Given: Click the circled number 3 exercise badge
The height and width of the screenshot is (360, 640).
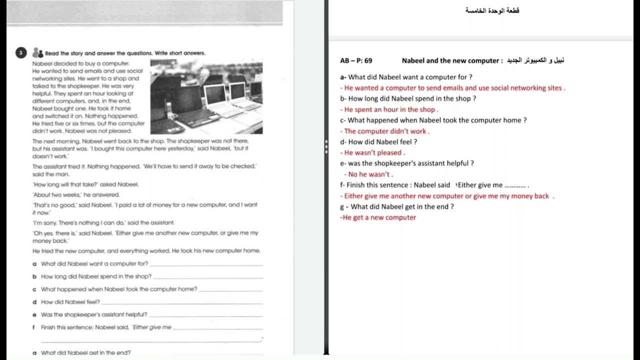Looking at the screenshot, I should [x=21, y=52].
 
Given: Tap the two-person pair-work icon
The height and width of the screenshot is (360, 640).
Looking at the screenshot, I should [x=37, y=52].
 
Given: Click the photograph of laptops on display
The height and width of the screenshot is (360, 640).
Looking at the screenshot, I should [x=206, y=96].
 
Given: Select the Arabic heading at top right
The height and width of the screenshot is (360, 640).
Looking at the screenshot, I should [x=492, y=10].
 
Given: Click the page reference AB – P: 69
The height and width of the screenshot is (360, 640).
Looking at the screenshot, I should [x=356, y=61].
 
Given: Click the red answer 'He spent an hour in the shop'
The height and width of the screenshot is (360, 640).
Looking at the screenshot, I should [x=389, y=109].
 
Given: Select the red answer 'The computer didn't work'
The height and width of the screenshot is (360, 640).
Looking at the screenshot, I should [x=385, y=131].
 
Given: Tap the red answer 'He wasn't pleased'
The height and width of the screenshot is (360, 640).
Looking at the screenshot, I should [x=373, y=153].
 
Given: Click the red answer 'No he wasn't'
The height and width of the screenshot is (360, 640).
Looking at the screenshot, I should [x=369, y=174].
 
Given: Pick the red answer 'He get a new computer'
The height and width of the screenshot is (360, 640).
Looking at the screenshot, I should [x=378, y=217].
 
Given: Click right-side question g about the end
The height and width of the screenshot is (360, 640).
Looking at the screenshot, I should [x=397, y=206].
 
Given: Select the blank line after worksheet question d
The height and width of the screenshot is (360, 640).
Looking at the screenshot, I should [x=182, y=303].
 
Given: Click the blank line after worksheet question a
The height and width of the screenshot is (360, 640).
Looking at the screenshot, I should [x=206, y=265].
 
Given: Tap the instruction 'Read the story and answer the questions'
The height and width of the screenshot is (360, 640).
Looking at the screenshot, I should [x=125, y=53].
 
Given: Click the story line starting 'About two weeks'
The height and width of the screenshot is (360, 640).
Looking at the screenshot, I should [x=76, y=194].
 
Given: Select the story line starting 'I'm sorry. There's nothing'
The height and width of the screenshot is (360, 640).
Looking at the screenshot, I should [x=103, y=222].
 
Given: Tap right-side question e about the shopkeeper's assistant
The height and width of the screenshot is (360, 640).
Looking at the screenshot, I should [x=407, y=163].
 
